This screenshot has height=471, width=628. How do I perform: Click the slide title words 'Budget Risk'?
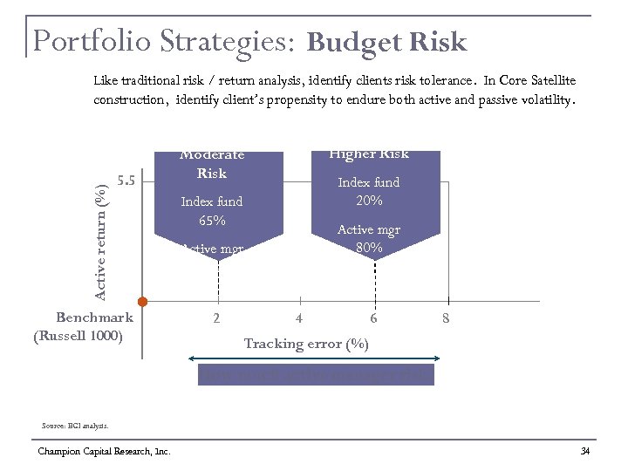387,42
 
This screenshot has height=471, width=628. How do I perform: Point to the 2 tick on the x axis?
217,319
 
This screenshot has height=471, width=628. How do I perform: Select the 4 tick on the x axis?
299,319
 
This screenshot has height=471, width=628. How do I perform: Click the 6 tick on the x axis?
373,319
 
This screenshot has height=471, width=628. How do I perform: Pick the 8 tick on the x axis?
446,319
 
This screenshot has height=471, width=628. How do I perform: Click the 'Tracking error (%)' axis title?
306,344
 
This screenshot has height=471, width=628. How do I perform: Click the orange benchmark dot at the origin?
143,302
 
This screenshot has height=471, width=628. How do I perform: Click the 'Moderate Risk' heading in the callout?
212,164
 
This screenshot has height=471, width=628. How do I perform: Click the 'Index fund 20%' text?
369,191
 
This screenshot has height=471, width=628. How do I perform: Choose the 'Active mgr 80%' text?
369,238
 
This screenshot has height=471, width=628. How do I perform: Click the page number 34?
585,451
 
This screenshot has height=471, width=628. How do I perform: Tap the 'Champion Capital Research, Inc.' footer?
104,451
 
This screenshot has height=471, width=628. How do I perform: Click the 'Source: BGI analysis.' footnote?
75,426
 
